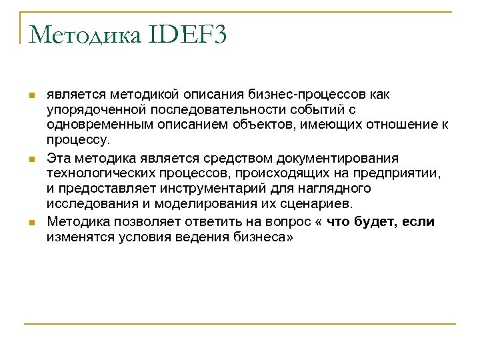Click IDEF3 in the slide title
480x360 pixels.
185,35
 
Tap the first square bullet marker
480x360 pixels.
31,96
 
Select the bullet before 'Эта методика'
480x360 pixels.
31,160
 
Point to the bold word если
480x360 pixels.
417,221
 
